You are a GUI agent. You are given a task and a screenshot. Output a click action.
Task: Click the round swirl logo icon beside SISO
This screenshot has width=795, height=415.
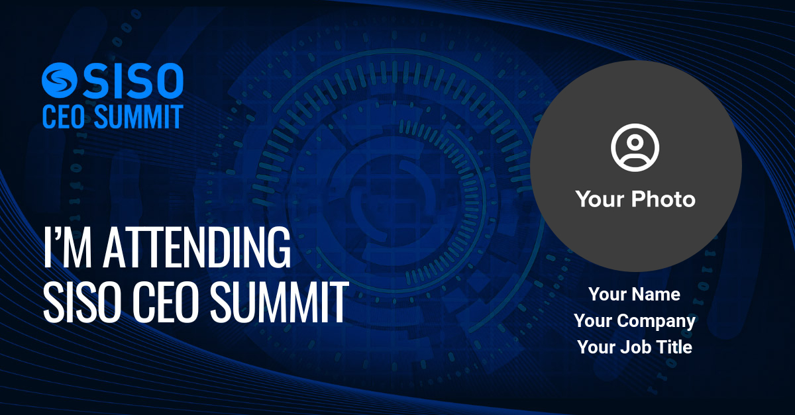(x=59, y=80)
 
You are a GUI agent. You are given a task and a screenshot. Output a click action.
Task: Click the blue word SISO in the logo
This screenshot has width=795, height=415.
(x=133, y=81)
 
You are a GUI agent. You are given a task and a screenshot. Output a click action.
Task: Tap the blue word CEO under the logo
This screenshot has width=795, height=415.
(x=64, y=116)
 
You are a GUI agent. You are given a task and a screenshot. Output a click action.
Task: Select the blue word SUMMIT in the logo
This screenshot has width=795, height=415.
(x=138, y=116)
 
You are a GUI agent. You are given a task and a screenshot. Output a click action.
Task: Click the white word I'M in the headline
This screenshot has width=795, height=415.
(x=68, y=247)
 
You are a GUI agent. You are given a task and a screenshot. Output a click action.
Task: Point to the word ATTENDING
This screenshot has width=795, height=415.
(x=197, y=247)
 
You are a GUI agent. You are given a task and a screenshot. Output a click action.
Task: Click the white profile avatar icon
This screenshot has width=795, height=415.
(x=635, y=147)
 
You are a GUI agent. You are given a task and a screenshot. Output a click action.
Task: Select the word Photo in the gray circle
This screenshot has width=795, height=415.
(x=664, y=199)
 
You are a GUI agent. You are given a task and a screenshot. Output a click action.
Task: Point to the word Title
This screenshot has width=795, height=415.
(x=675, y=347)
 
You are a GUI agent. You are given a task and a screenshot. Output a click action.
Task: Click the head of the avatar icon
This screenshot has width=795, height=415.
(x=635, y=142)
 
